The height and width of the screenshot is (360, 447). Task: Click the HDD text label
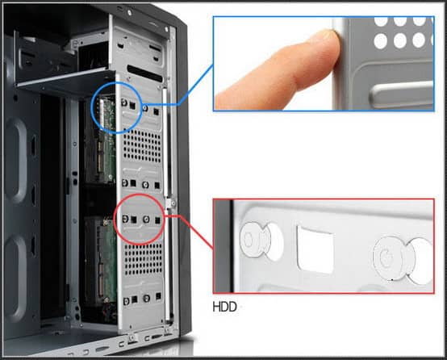coord(224,307)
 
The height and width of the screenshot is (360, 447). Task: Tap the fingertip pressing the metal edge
coord(328,43)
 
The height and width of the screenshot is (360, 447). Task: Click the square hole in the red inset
coord(315,249)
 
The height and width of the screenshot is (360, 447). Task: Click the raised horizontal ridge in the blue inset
coord(401,94)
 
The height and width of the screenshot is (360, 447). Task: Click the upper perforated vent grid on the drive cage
coord(142,146)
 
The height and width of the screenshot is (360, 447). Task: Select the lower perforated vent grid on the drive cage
coord(144,260)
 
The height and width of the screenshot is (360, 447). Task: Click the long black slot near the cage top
coord(144,73)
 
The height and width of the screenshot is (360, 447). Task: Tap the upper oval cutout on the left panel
coord(16,161)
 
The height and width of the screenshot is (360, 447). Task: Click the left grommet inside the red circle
coord(125,219)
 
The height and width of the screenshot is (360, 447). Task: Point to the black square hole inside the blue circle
coord(132,106)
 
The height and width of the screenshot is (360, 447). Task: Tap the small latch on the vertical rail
coord(171,203)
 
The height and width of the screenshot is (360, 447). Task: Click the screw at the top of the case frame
coord(130,13)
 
